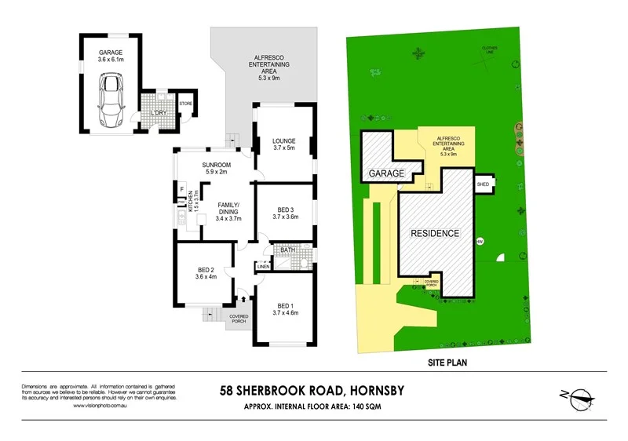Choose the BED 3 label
(286, 210)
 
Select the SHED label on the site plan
(483, 184)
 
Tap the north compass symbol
(577, 399)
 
